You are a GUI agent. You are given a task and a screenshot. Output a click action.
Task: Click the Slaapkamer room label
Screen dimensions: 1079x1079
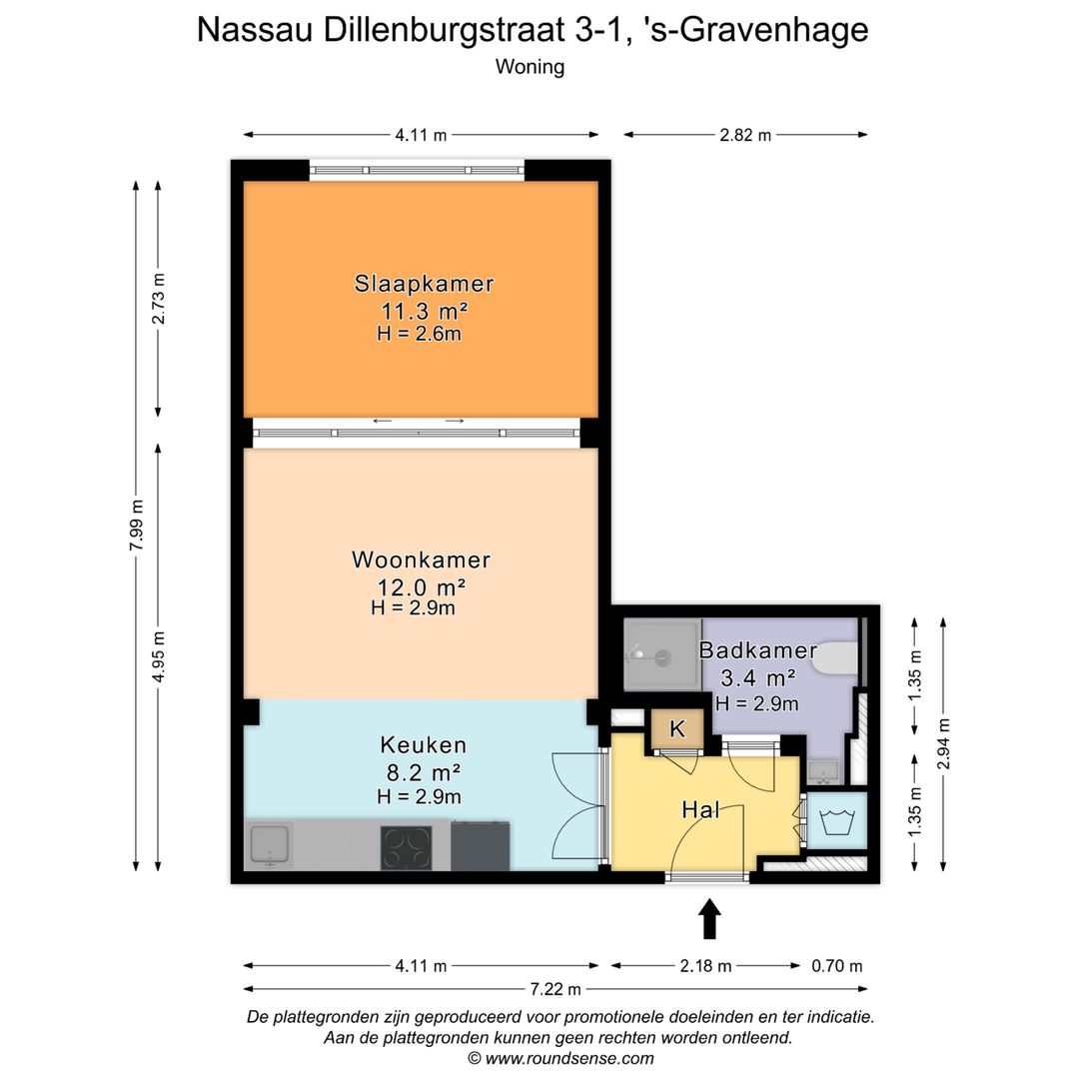click(424, 283)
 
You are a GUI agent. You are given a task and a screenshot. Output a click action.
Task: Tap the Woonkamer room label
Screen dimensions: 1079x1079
click(421, 559)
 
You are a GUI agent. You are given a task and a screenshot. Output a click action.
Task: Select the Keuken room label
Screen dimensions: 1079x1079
click(423, 744)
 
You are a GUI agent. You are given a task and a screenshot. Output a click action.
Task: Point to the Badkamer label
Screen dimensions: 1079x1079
click(758, 650)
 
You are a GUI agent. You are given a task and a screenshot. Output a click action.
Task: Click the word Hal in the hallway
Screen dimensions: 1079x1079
click(701, 809)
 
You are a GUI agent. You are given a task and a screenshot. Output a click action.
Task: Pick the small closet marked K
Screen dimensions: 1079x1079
click(676, 729)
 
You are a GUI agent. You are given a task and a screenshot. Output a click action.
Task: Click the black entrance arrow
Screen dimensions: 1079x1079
click(709, 919)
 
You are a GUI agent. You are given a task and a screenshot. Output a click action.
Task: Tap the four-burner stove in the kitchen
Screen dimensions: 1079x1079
click(407, 848)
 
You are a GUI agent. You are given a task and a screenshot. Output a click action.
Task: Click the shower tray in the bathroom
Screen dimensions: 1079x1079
click(660, 655)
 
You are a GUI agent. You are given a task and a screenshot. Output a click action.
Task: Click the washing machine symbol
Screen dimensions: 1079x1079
click(835, 822)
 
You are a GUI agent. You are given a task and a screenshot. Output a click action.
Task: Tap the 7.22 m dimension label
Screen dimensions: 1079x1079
click(555, 989)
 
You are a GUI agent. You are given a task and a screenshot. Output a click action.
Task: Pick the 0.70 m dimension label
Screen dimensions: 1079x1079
click(837, 966)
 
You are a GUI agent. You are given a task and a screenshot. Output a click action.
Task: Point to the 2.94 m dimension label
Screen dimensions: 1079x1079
click(944, 743)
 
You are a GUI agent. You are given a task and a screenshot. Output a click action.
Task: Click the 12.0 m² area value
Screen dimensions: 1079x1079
click(421, 586)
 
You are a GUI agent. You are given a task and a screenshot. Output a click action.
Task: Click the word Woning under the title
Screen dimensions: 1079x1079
click(530, 67)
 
